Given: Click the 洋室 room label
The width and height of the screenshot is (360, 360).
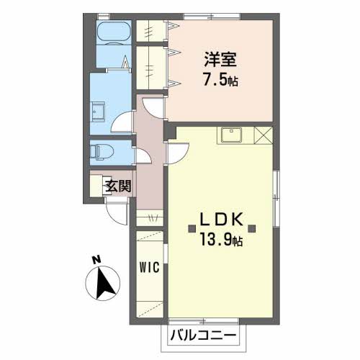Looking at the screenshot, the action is coord(220,59).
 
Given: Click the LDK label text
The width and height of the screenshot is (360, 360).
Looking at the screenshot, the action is coord(221,219).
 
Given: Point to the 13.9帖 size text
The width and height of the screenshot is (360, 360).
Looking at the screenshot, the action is coord(221,240).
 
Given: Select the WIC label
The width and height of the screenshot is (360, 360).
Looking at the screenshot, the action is coord(149,267).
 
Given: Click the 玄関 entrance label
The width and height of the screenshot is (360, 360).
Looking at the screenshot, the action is coord(119,186).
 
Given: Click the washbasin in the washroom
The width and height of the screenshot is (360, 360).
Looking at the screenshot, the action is coord(97,112).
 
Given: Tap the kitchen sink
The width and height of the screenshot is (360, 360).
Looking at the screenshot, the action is coord(232,135).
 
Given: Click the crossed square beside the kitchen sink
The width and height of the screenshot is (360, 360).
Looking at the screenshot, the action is coord(264,135).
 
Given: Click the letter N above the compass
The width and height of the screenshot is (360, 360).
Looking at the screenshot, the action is coord(96,260).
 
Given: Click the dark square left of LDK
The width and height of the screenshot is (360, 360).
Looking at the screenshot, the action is coord(192,229).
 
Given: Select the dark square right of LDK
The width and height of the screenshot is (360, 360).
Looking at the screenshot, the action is coord(251,229).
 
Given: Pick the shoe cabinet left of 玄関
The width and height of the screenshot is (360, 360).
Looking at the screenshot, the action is coord(96,186).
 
